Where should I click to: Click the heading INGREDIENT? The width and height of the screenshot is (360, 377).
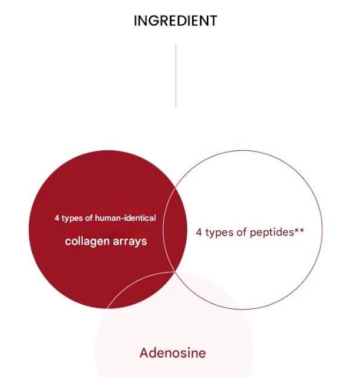click(x=176, y=21)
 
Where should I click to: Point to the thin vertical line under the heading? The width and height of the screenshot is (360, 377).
click(x=176, y=76)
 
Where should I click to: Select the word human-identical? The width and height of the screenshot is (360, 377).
click(x=125, y=218)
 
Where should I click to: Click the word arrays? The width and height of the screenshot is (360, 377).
click(x=130, y=241)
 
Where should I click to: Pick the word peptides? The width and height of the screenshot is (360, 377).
click(x=272, y=233)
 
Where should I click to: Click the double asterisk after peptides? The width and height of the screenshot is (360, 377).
click(x=299, y=230)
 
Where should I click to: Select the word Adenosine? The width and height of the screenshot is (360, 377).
click(x=173, y=353)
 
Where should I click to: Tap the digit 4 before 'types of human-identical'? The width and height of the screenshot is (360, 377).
click(x=57, y=218)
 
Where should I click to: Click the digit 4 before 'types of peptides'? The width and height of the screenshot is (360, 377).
click(x=199, y=233)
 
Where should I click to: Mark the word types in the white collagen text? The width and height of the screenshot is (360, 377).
click(x=72, y=218)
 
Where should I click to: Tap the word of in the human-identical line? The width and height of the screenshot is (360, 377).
click(x=89, y=218)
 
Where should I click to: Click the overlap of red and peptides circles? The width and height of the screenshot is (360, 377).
click(x=175, y=230)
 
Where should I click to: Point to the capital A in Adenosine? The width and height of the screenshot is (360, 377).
click(x=144, y=353)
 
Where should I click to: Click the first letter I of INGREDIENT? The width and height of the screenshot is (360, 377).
click(x=135, y=21)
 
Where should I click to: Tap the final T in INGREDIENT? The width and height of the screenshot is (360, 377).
click(x=213, y=21)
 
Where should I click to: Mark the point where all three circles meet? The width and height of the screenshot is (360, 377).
click(x=175, y=272)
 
